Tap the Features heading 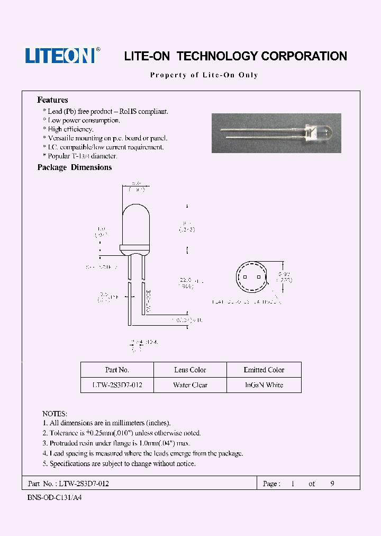[x=52, y=100]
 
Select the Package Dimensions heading [x=75, y=167]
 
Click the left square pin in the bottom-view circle [x=244, y=278]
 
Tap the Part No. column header [x=117, y=370]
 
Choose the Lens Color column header [x=190, y=370]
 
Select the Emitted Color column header [x=264, y=370]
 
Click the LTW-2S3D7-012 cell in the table [x=117, y=385]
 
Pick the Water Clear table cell [x=190, y=385]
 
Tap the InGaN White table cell [x=264, y=385]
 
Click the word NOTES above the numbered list [x=55, y=413]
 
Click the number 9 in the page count [x=332, y=484]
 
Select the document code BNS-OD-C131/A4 [x=54, y=498]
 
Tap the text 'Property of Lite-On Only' [x=204, y=75]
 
